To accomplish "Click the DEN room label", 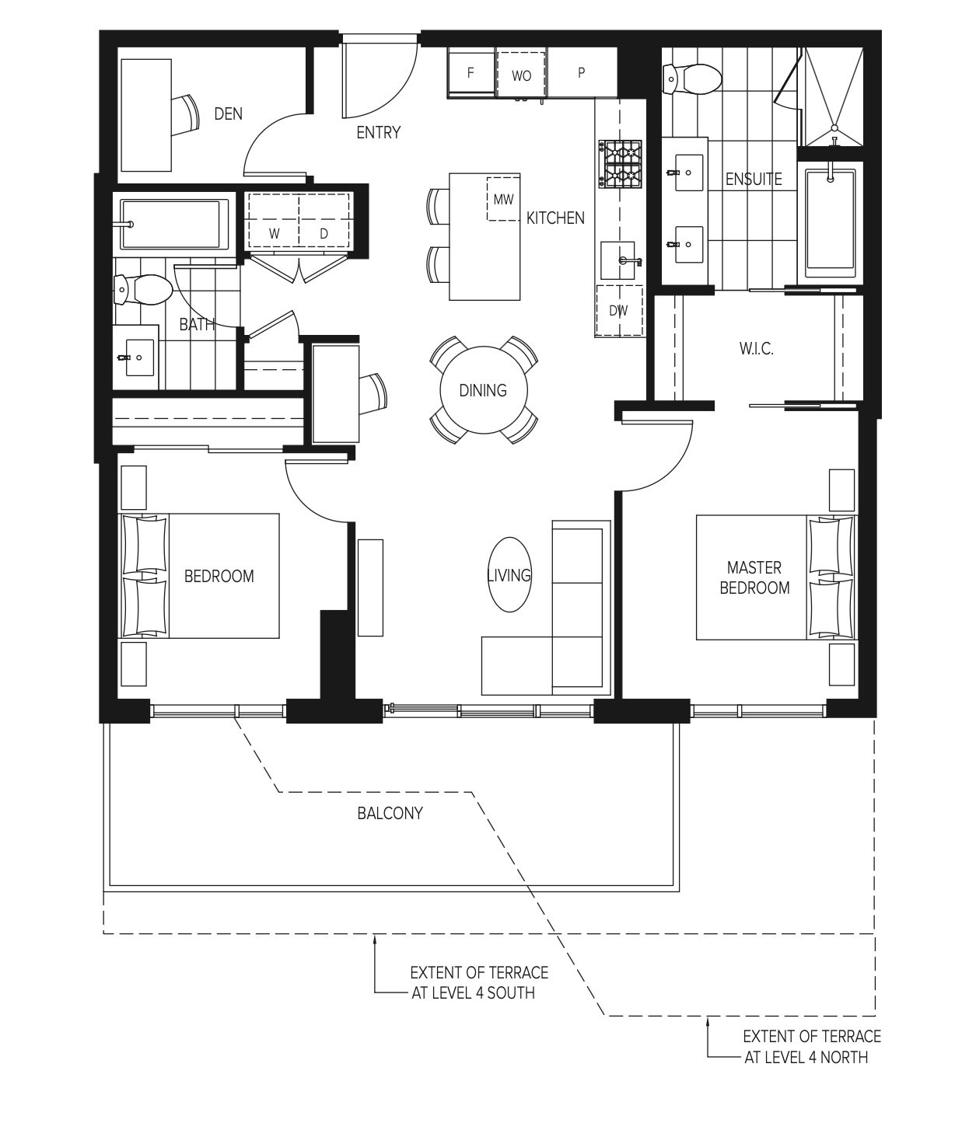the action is [x=228, y=114].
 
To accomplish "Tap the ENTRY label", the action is [x=378, y=133].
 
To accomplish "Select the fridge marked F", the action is [x=471, y=73].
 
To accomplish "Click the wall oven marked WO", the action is [x=522, y=75].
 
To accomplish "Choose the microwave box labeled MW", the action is [x=503, y=199].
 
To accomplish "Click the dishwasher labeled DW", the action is [x=619, y=311].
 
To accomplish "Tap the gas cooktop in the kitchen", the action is [x=621, y=163].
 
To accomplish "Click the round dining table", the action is [x=483, y=390].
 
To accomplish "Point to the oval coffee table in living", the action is [x=509, y=575].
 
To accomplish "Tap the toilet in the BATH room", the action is [x=142, y=290].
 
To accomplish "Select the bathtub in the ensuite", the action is [x=831, y=223].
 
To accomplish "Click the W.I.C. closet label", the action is [x=756, y=349].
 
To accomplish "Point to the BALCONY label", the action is [x=390, y=814].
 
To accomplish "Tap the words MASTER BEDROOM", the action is [x=754, y=578].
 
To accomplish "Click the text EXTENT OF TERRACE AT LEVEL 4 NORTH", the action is [x=811, y=1047].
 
